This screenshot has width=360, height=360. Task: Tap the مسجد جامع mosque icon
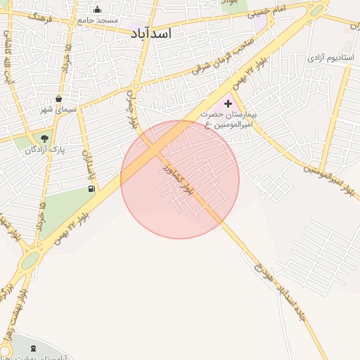[97, 10]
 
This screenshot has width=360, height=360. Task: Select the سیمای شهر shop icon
[58, 98]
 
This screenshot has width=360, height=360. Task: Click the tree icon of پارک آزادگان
[45, 138]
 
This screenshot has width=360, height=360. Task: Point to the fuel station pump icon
[91, 188]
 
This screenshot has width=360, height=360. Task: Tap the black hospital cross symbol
[228, 103]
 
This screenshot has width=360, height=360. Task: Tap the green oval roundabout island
[30, 262]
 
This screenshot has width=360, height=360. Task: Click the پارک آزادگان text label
[40, 150]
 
